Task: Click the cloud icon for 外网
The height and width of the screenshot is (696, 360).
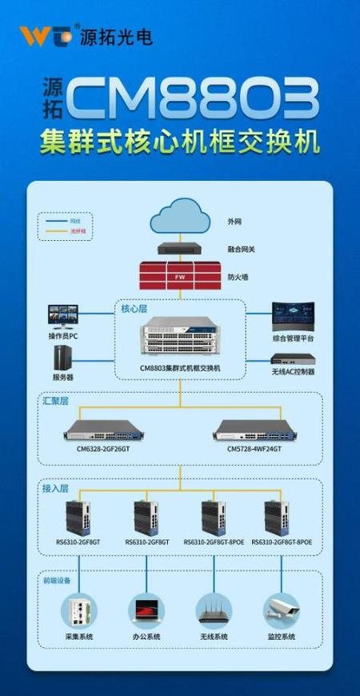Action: (180, 216)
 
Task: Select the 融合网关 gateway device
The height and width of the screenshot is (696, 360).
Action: (180, 249)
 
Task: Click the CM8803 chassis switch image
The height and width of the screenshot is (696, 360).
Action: (180, 340)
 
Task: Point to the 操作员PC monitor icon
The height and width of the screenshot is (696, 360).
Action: (63, 316)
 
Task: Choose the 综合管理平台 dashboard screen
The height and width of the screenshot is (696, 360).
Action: (293, 317)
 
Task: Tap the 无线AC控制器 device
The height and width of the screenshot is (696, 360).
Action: (293, 359)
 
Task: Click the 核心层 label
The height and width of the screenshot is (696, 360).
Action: (134, 307)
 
